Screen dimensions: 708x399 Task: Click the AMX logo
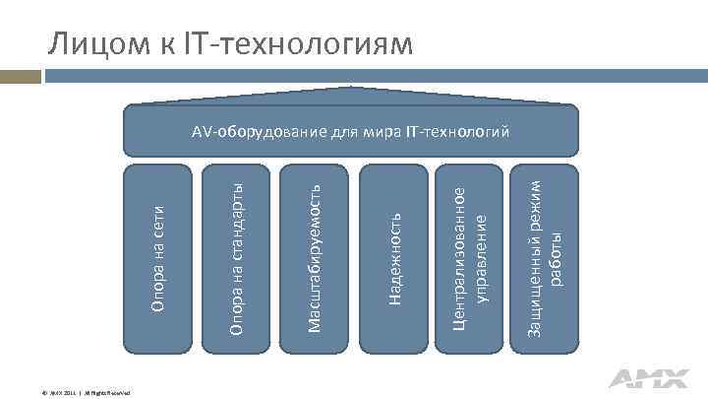pyautogui.click(x=642, y=377)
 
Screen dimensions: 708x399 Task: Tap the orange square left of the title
pyautogui.click(x=14, y=74)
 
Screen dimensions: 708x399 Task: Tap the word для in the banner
pyautogui.click(x=345, y=131)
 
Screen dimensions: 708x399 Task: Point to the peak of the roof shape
pyautogui.click(x=353, y=94)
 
